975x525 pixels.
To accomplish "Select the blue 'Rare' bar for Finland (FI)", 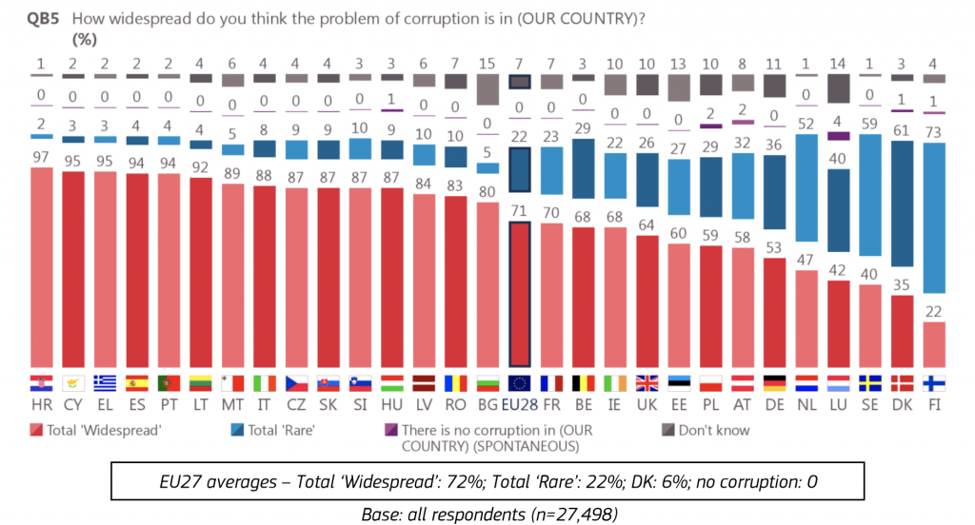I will pos(934,217).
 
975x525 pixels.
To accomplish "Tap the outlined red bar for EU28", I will pos(520,293).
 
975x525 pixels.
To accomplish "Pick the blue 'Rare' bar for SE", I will pos(870,195).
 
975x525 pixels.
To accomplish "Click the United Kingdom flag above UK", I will pos(647,383).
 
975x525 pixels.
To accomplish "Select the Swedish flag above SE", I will pos(870,383).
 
